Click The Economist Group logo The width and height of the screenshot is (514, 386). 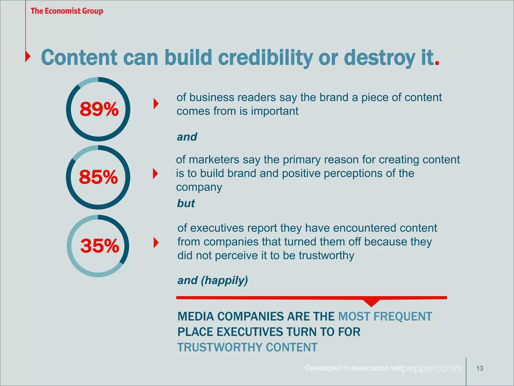click(x=67, y=11)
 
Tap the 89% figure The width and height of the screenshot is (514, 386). click(x=99, y=109)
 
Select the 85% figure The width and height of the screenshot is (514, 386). click(x=98, y=177)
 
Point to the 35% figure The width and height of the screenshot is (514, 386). click(x=100, y=246)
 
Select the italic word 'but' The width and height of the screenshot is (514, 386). click(x=186, y=203)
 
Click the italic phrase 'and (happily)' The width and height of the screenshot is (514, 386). click(x=213, y=280)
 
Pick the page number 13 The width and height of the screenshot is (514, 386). click(x=480, y=368)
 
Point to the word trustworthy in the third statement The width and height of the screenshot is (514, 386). click(x=326, y=256)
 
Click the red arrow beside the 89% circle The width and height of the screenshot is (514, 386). click(x=156, y=104)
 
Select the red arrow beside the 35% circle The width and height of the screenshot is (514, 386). click(x=156, y=243)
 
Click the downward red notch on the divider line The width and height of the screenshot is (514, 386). click(x=371, y=303)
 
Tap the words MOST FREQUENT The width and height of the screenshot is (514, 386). click(x=385, y=316)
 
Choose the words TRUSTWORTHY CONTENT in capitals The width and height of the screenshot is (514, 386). click(x=247, y=347)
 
